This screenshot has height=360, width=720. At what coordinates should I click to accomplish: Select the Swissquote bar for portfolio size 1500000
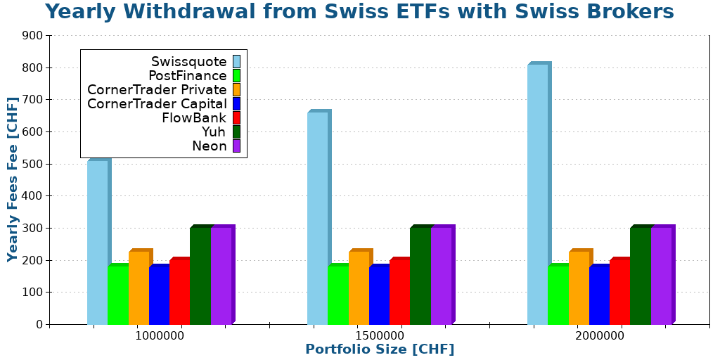[x=318, y=218]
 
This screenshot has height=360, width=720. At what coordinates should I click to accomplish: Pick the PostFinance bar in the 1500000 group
[x=338, y=295]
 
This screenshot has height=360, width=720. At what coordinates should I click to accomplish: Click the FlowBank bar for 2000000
[x=619, y=292]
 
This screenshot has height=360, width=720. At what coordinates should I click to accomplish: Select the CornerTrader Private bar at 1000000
[x=139, y=288]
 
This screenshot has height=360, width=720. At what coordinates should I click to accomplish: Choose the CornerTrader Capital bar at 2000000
[x=599, y=295]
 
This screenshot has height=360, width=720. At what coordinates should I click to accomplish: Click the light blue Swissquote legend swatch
[x=236, y=62]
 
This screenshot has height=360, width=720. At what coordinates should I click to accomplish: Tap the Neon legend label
[x=210, y=146]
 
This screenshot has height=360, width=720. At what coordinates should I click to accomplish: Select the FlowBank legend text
[x=194, y=118]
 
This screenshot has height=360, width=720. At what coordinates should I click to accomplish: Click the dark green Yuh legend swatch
[x=236, y=132]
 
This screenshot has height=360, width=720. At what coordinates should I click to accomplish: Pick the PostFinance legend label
[x=188, y=76]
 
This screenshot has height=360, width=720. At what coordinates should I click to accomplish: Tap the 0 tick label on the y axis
[x=39, y=324]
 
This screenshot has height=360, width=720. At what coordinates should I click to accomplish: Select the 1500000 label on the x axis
[x=380, y=336]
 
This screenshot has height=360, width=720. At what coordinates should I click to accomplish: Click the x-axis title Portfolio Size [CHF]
[x=380, y=349]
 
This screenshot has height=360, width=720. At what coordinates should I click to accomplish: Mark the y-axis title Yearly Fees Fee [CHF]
[x=13, y=179]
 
